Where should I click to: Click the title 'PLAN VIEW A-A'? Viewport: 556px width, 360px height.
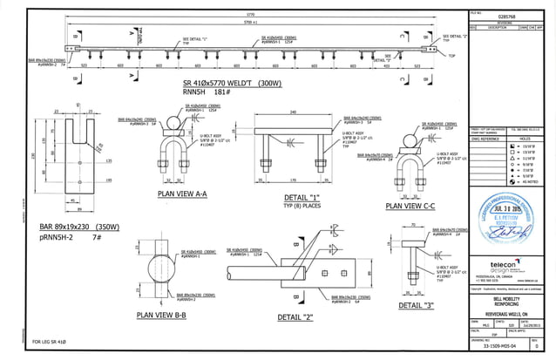tap(181, 194)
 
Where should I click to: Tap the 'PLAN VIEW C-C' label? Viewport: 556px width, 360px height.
tap(417, 207)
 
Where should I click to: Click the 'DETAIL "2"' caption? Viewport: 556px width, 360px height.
tap(295, 317)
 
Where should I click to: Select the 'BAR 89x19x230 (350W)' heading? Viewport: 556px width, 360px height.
tap(79, 226)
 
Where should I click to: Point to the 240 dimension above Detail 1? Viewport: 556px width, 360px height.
tap(294, 112)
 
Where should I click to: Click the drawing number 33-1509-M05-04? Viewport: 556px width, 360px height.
tap(497, 345)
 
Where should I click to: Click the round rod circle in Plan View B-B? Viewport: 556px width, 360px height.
tap(166, 267)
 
